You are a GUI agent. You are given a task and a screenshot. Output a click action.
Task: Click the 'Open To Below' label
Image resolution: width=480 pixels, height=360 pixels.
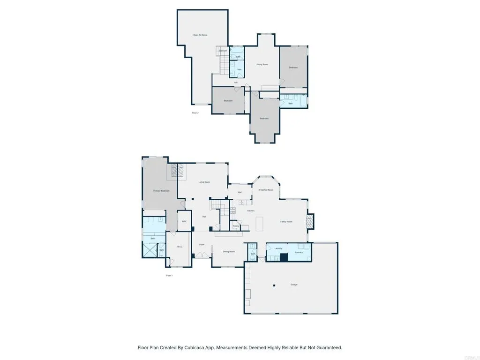click(200, 35)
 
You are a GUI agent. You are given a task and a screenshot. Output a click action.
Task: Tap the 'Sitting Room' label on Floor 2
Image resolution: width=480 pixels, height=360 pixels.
click(262, 64)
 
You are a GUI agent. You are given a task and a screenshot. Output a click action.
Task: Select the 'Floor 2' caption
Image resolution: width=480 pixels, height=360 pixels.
click(195, 113)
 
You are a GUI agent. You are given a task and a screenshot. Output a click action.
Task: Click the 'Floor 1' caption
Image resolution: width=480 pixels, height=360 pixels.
click(169, 276)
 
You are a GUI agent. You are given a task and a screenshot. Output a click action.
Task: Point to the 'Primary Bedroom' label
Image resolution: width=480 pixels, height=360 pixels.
click(161, 191)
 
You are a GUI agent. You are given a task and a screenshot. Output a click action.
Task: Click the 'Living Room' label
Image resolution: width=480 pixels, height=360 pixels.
click(204, 182)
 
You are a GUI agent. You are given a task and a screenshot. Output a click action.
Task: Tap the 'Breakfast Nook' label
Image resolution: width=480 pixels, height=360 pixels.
click(265, 190)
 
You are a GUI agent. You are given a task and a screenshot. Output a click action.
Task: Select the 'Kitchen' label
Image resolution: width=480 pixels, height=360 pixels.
click(251, 211)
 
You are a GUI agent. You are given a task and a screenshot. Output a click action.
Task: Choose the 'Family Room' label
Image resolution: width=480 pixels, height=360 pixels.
click(286, 222)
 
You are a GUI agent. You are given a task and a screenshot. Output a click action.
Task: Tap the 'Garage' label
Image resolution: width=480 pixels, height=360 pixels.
click(294, 285)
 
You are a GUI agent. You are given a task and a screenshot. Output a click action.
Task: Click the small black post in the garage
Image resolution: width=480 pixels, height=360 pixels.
click(275, 285)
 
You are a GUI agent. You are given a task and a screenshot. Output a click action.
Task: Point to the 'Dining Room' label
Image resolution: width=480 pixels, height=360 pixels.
click(229, 252)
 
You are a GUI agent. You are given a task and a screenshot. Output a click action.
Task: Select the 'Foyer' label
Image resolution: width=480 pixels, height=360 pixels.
click(202, 245)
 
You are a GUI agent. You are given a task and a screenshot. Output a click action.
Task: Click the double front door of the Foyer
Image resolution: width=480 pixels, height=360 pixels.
click(202, 255)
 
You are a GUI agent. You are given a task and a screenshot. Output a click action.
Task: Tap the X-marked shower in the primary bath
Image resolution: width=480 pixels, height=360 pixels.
click(150, 250)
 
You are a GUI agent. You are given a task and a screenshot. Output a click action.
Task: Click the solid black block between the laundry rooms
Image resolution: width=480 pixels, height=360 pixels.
click(283, 257)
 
